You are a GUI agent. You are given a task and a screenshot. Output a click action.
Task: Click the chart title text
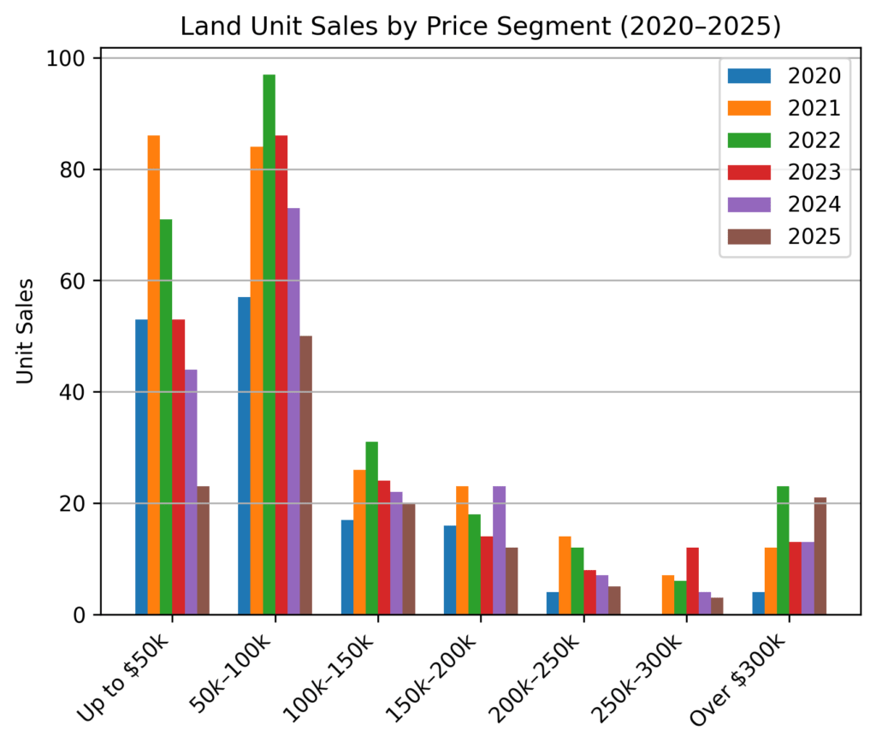click(481, 27)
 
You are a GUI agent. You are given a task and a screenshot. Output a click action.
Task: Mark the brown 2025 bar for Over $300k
click(820, 556)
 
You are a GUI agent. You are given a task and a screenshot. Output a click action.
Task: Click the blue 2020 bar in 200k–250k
click(553, 603)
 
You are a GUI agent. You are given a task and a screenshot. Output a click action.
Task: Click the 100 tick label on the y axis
click(72, 58)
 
